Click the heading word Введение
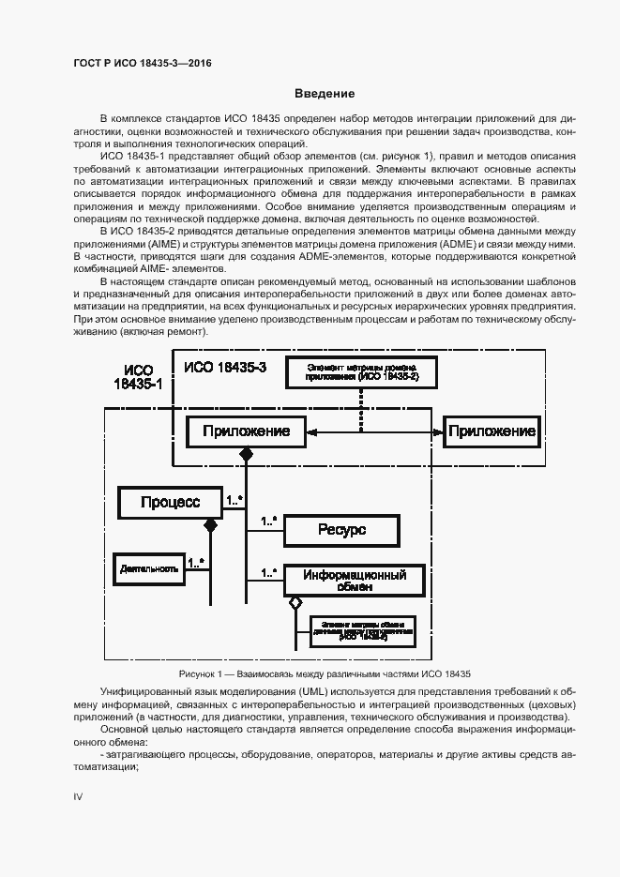(325, 94)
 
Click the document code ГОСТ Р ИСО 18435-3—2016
(143, 63)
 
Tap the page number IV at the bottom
(79, 795)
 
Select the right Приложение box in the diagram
(491, 431)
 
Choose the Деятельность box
(148, 568)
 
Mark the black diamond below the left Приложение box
(247, 454)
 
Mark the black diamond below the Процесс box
(211, 526)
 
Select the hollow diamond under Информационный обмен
(295, 601)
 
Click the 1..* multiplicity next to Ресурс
(268, 521)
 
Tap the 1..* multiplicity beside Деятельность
(197, 563)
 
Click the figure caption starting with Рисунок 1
(324, 673)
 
